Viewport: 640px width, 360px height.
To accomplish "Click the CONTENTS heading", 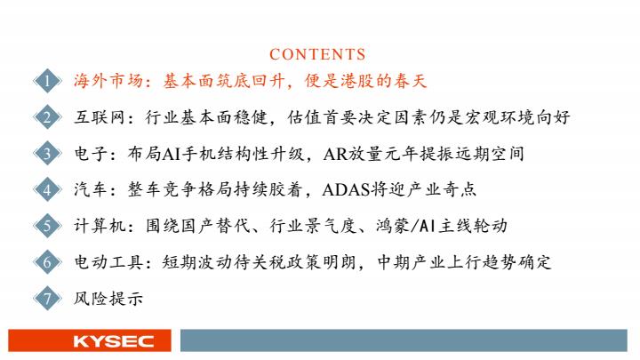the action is point(317,54).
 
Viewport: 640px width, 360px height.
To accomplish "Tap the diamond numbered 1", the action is point(47,81).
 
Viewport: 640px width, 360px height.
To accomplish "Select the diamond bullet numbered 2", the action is point(47,117).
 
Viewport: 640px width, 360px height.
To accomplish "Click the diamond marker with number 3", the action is point(47,154).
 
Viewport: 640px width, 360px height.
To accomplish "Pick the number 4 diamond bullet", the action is point(47,190).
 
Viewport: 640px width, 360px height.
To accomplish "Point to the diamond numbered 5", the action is point(47,226).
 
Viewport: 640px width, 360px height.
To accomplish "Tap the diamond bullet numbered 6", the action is point(47,262).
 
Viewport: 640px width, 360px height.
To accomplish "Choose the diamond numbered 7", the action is point(47,299).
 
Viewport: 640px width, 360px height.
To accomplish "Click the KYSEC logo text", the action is point(114,341).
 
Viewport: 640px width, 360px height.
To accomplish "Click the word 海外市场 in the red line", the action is point(109,81).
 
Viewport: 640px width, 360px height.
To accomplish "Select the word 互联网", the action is point(100,117).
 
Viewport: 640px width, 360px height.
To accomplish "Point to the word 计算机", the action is point(100,226).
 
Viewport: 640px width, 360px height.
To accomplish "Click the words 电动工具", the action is point(109,262).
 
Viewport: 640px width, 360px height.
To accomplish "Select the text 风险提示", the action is point(108,299).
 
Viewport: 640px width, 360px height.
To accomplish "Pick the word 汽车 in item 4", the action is point(91,190).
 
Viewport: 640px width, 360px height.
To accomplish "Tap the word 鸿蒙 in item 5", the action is point(392,226).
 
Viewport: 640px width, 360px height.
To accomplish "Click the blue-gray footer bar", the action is point(404,340).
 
